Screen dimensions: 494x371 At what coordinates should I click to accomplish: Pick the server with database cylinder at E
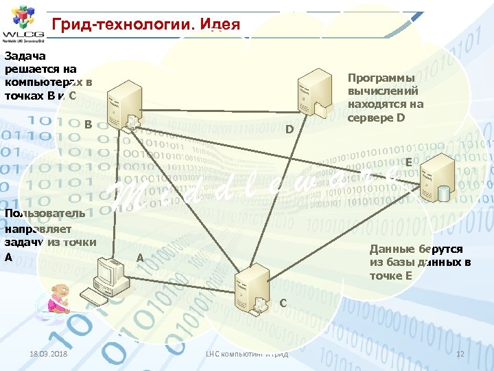436,178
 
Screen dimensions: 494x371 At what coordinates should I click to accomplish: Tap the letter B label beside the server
88,124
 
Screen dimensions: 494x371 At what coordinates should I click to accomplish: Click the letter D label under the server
290,130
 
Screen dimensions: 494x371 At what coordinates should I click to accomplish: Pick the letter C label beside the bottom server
283,302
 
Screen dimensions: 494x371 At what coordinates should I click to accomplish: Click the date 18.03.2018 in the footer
49,353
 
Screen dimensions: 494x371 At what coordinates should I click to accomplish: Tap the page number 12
461,353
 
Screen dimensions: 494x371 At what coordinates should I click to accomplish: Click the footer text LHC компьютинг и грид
247,353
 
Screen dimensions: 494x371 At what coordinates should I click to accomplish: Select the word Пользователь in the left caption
45,213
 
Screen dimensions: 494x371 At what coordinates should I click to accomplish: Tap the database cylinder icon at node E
444,194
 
